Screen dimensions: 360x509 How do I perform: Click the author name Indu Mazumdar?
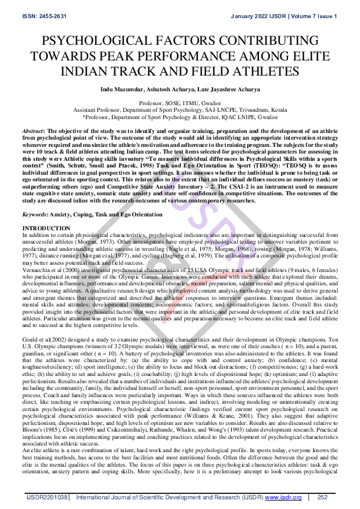pyautogui.click(x=123, y=89)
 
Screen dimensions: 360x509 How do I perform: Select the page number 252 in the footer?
pyautogui.click(x=322, y=497)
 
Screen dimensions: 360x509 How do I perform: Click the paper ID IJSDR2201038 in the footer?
pyautogui.click(x=47, y=497)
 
